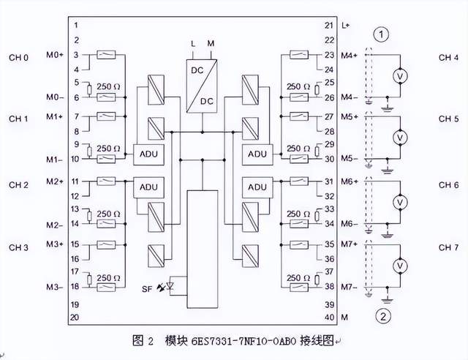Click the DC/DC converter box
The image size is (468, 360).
(202, 86)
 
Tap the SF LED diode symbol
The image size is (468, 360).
(170, 286)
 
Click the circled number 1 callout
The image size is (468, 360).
(381, 35)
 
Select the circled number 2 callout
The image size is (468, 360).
(383, 316)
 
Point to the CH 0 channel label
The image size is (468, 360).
(18, 57)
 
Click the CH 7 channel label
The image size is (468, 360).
(448, 247)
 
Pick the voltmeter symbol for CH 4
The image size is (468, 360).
(400, 76)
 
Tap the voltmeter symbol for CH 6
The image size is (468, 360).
(400, 202)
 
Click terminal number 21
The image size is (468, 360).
(329, 26)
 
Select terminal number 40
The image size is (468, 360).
(329, 317)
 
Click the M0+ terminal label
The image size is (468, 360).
(55, 55)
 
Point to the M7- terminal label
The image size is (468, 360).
(350, 287)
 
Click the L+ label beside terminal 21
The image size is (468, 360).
(345, 26)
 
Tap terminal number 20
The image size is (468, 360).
(75, 317)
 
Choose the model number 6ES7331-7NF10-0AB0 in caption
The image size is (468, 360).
(244, 341)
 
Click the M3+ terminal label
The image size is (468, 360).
(55, 244)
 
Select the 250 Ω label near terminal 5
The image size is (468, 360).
(108, 86)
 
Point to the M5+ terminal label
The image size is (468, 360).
(350, 116)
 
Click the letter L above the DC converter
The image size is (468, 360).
(193, 44)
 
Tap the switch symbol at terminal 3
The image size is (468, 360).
(106, 55)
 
